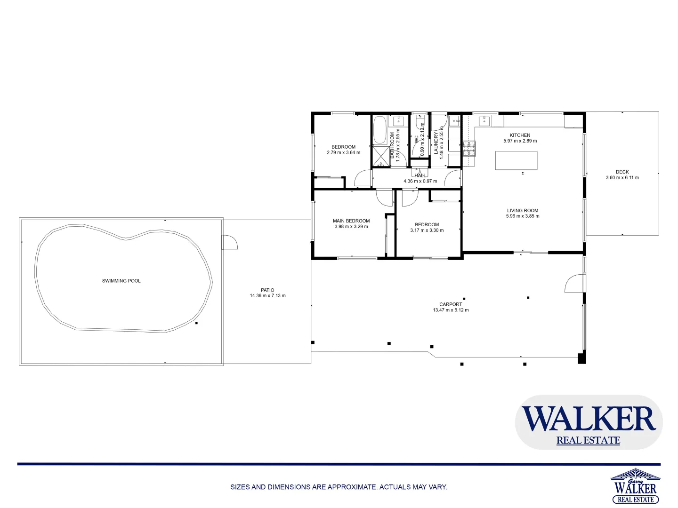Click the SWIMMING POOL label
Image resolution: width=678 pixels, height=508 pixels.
tap(121, 281)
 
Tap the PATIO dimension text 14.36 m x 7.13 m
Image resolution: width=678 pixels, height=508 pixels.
tap(267, 296)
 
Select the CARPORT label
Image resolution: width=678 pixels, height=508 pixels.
tap(451, 304)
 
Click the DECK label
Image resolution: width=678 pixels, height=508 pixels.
tap(622, 172)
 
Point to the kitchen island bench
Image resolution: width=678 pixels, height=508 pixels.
tap(516, 160)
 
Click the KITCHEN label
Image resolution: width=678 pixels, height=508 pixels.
tap(520, 135)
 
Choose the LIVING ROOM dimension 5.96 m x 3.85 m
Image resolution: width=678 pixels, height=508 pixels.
tap(523, 216)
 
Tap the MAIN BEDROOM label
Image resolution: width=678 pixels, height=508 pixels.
tap(351, 221)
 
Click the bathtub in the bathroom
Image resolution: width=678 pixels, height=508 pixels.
tap(379, 130)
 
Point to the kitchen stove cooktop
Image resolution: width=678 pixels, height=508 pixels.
tap(469, 149)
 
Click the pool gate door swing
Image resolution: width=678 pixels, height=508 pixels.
tap(230, 242)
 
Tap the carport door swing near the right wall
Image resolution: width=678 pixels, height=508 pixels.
tap(574, 283)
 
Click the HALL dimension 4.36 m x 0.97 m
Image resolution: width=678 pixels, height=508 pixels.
tap(420, 181)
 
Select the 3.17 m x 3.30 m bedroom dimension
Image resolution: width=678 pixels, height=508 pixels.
tap(427, 230)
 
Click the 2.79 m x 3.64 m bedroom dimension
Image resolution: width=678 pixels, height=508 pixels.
tap(343, 152)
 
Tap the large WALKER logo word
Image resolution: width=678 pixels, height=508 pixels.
tap(589, 418)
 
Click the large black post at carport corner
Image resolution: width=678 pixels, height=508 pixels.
tap(582, 358)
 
